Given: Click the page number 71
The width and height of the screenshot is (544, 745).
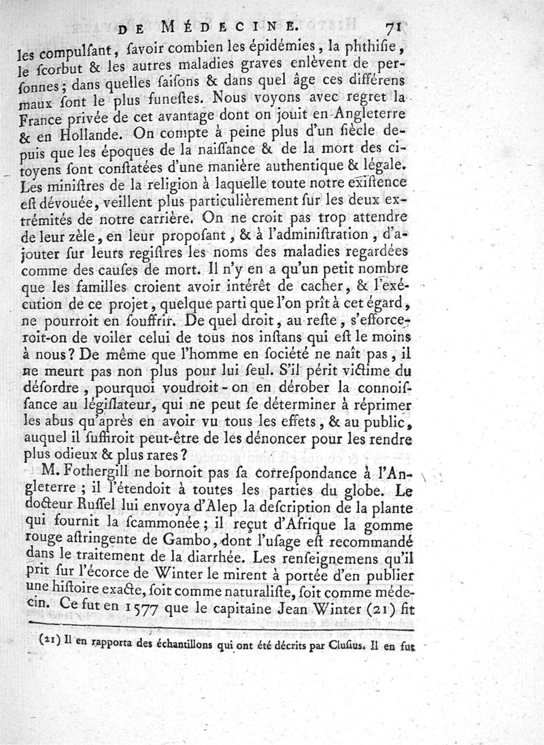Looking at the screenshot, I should tap(394, 28).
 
